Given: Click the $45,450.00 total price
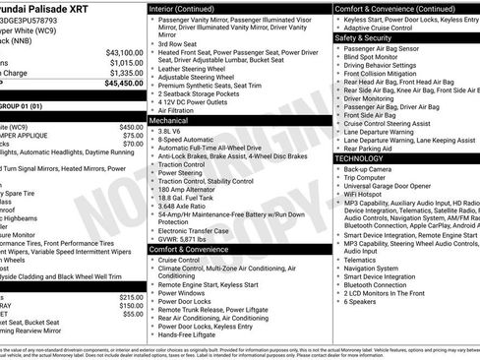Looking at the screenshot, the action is pyautogui.click(x=124, y=84).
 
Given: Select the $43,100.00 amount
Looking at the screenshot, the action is pyautogui.click(x=124, y=52).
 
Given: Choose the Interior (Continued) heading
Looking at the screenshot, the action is pyautogui.click(x=189, y=8).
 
